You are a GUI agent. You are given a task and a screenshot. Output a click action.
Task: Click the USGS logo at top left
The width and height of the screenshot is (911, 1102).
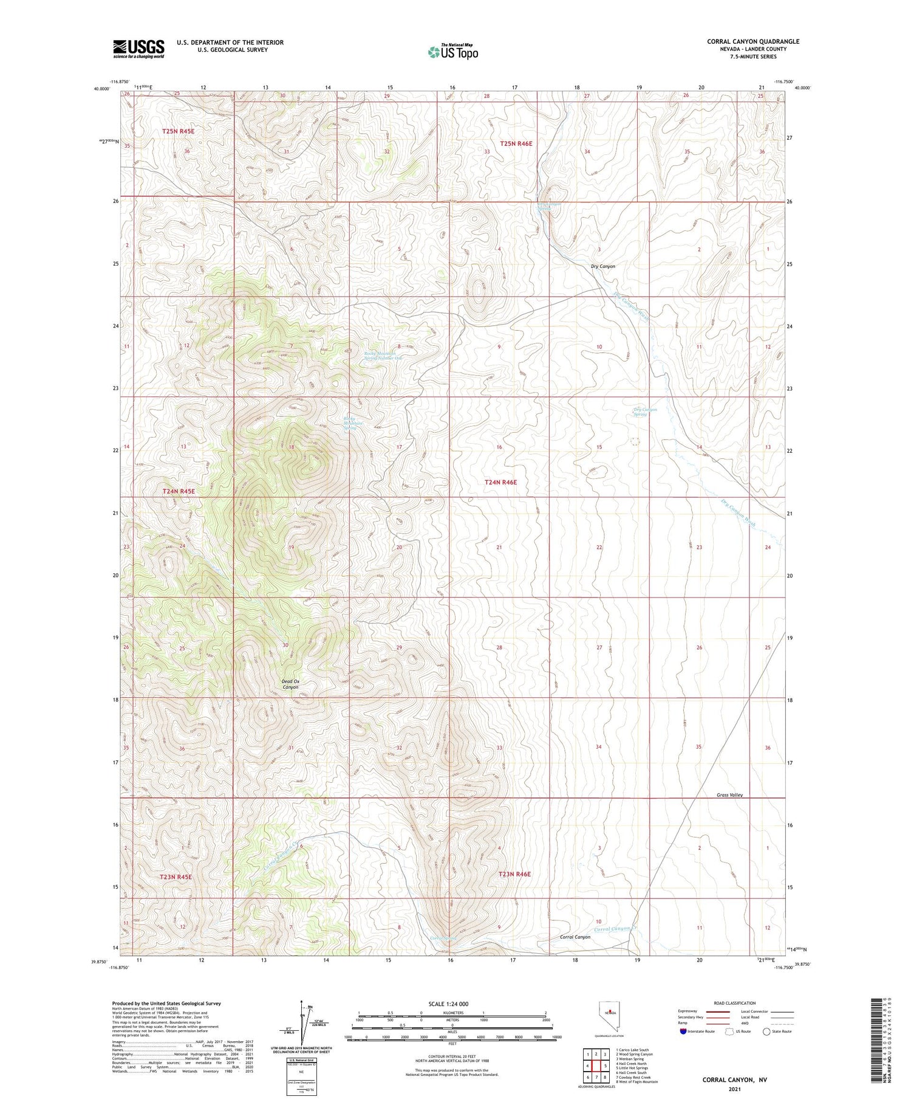[x=138, y=49]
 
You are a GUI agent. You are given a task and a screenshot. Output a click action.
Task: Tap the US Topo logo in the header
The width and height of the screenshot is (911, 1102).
[x=452, y=52]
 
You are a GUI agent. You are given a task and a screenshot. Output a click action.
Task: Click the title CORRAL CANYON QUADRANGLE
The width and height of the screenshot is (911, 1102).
[x=752, y=41]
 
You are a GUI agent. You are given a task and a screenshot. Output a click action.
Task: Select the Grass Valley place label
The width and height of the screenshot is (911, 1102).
[x=729, y=795]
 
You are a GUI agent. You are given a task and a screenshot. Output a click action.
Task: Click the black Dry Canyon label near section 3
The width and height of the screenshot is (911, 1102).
[x=602, y=266]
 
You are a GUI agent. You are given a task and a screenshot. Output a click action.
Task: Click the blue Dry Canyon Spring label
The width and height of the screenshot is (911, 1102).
[x=645, y=412]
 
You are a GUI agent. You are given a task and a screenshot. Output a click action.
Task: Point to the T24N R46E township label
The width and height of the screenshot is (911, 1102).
[x=500, y=482]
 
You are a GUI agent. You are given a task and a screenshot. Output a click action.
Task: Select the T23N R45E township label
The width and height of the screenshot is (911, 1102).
[x=176, y=876]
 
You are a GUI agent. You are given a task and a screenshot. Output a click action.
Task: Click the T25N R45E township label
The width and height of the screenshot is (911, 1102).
[x=178, y=131]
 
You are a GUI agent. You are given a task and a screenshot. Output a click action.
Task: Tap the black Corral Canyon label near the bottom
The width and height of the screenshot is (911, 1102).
[x=575, y=937]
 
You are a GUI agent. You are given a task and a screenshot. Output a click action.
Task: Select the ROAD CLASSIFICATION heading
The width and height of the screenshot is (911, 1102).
[x=734, y=1003]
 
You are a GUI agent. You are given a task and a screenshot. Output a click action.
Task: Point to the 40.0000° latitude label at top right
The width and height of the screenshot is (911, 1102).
[x=802, y=88]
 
